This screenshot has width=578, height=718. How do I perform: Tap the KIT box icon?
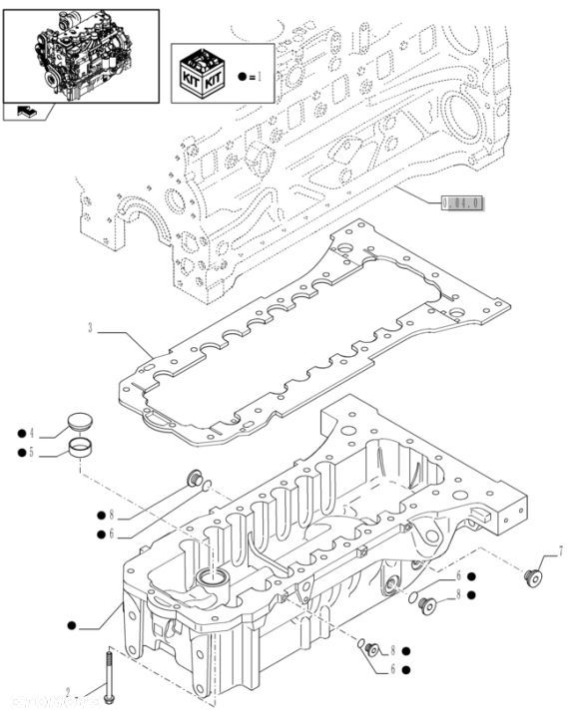201,75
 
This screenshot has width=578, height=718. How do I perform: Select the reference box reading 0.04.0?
460,203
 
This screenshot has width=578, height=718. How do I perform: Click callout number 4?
32,433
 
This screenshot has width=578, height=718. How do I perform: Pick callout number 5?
32,453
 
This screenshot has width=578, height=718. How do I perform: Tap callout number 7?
560,550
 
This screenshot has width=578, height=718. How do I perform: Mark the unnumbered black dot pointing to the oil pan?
72,625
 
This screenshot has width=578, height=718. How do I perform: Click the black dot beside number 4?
20,433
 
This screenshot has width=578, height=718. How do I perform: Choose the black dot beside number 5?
20,453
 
